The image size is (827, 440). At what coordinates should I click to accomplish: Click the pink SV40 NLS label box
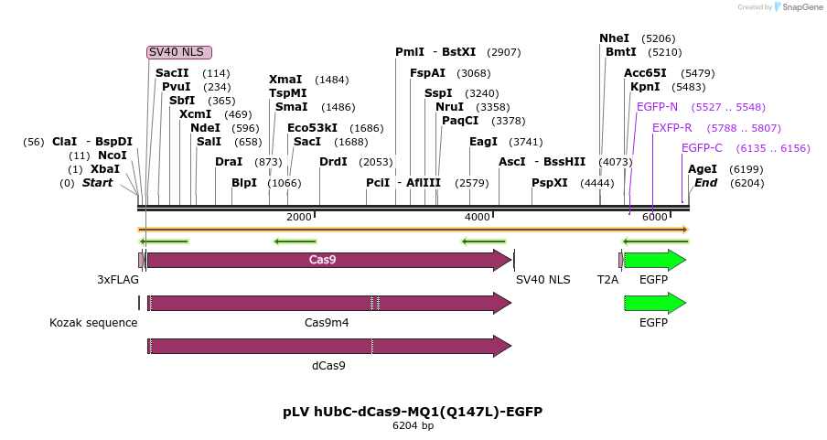pos(179,52)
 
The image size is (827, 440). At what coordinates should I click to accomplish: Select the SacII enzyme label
pos(171,73)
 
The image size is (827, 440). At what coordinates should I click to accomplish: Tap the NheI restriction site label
pos(615,38)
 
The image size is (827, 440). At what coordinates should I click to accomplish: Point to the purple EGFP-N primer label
pos(657,107)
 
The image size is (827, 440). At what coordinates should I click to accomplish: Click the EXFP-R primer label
pos(671,128)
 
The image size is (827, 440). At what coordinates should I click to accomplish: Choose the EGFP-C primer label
pos(702,148)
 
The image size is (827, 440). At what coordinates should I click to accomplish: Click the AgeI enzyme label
pos(703,169)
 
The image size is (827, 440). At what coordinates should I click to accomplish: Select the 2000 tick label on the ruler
pos(299,217)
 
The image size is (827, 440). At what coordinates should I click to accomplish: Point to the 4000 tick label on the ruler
pos(478,217)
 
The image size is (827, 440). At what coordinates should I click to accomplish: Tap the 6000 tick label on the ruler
pos(654,217)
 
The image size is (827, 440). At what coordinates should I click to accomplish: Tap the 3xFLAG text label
pos(118,280)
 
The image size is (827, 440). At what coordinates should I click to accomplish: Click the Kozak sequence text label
pos(93,323)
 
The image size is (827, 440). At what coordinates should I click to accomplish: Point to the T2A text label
pos(607,280)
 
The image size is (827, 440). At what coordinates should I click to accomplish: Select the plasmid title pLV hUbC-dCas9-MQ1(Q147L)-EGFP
pos(413,412)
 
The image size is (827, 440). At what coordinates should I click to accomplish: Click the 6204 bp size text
pos(413,426)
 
